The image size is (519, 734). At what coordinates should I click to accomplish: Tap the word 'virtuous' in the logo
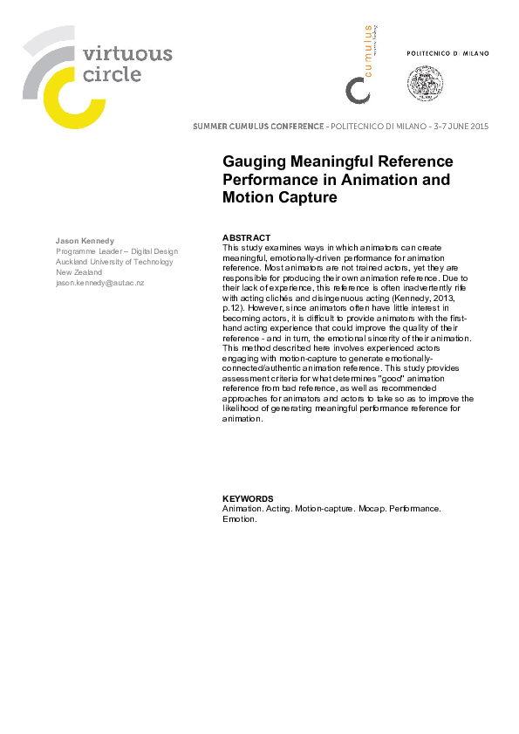tap(126, 54)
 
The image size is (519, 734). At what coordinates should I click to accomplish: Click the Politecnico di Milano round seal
tap(425, 83)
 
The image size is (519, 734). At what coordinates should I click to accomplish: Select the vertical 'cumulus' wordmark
tap(367, 50)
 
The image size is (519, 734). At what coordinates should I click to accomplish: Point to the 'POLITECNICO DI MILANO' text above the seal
tap(448, 54)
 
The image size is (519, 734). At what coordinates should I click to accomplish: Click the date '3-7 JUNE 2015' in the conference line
tap(461, 127)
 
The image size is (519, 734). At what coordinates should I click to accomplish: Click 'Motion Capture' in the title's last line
tap(280, 197)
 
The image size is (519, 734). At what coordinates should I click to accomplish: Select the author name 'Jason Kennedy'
tap(84, 239)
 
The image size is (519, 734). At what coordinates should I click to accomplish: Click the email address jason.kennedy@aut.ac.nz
tap(100, 284)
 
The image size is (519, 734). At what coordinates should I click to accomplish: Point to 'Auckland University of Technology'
tap(114, 262)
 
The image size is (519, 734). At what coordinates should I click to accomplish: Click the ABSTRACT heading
tap(247, 238)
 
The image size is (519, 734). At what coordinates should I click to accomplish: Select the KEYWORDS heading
tap(249, 499)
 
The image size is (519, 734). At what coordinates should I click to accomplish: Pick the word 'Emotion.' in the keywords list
tap(240, 518)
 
